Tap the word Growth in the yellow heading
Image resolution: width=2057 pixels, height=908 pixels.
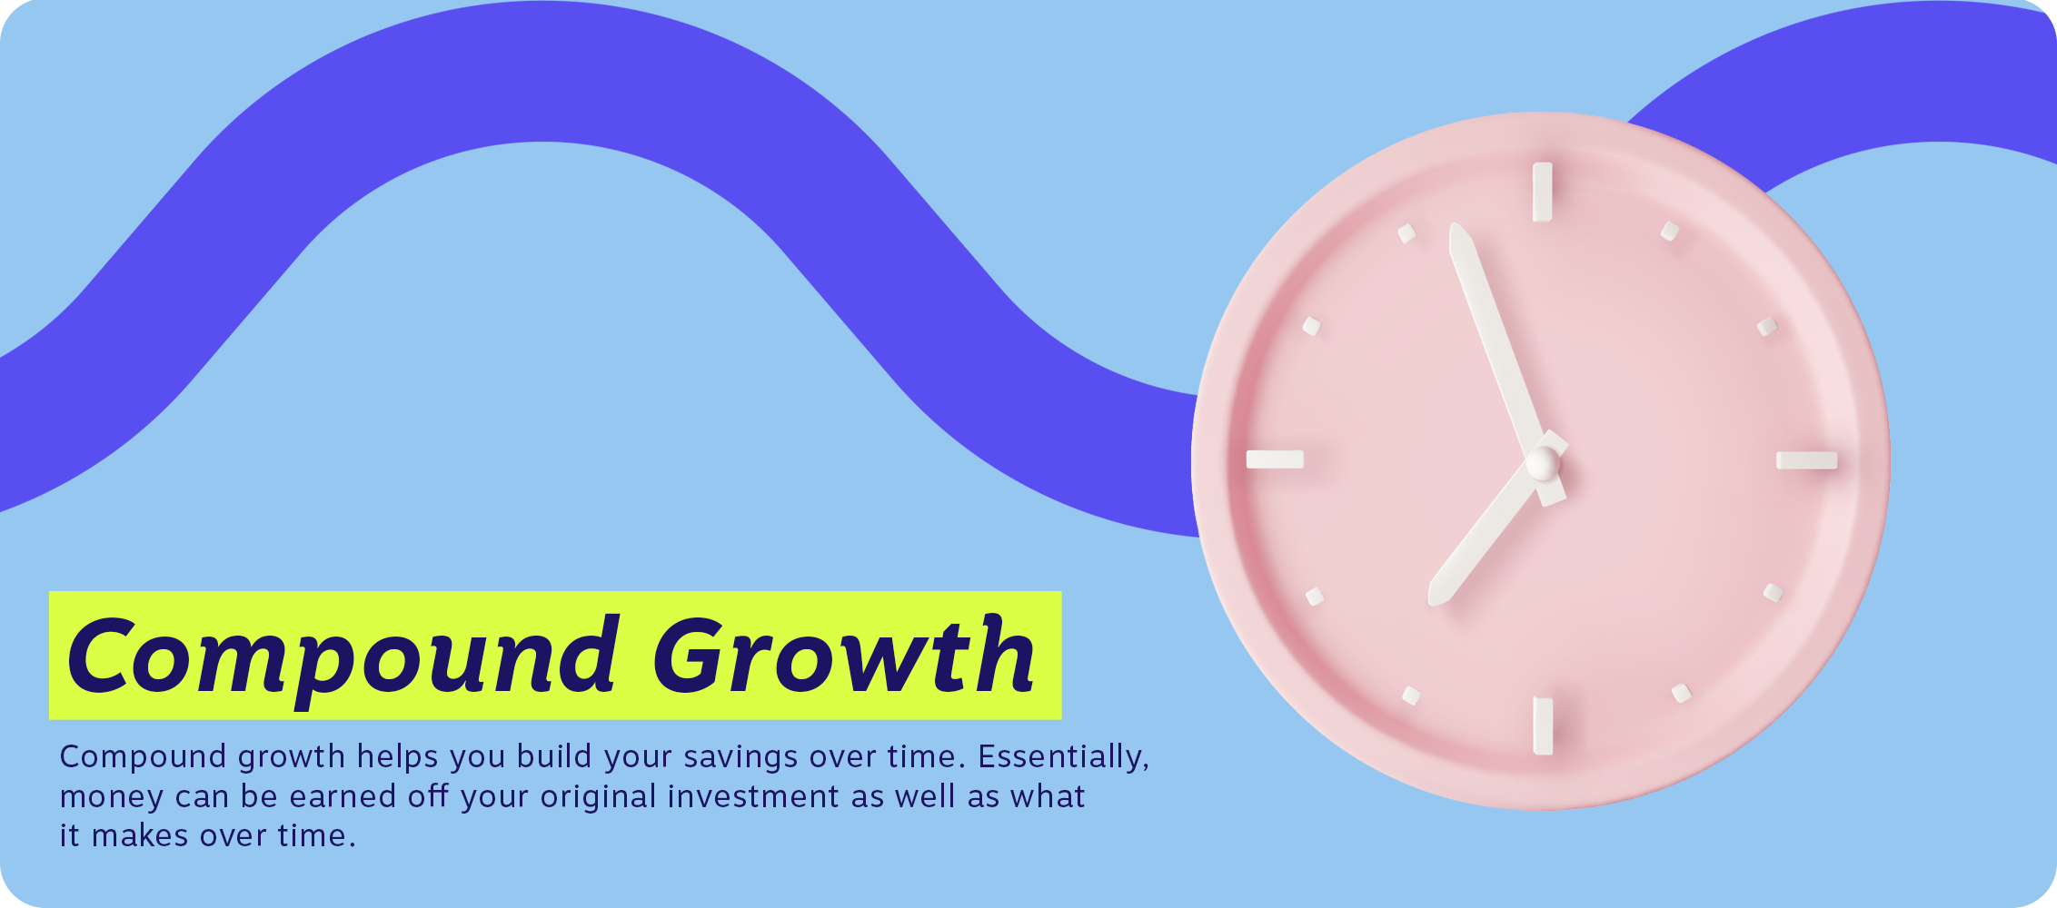844,654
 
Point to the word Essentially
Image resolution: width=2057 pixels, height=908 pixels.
1064,756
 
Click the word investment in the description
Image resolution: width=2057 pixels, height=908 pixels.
754,796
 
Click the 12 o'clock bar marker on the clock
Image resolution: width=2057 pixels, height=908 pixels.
1542,192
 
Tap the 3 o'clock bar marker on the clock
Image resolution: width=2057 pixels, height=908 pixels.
1807,460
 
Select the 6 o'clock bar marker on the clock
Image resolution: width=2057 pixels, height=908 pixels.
1543,725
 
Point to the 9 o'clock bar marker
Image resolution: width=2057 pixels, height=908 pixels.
1275,459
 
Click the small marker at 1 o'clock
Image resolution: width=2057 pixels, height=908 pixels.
1670,231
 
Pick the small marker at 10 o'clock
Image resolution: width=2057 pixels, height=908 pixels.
1311,325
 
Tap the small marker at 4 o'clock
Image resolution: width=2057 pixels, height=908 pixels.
1774,592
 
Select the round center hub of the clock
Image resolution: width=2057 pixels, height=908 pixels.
1542,463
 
